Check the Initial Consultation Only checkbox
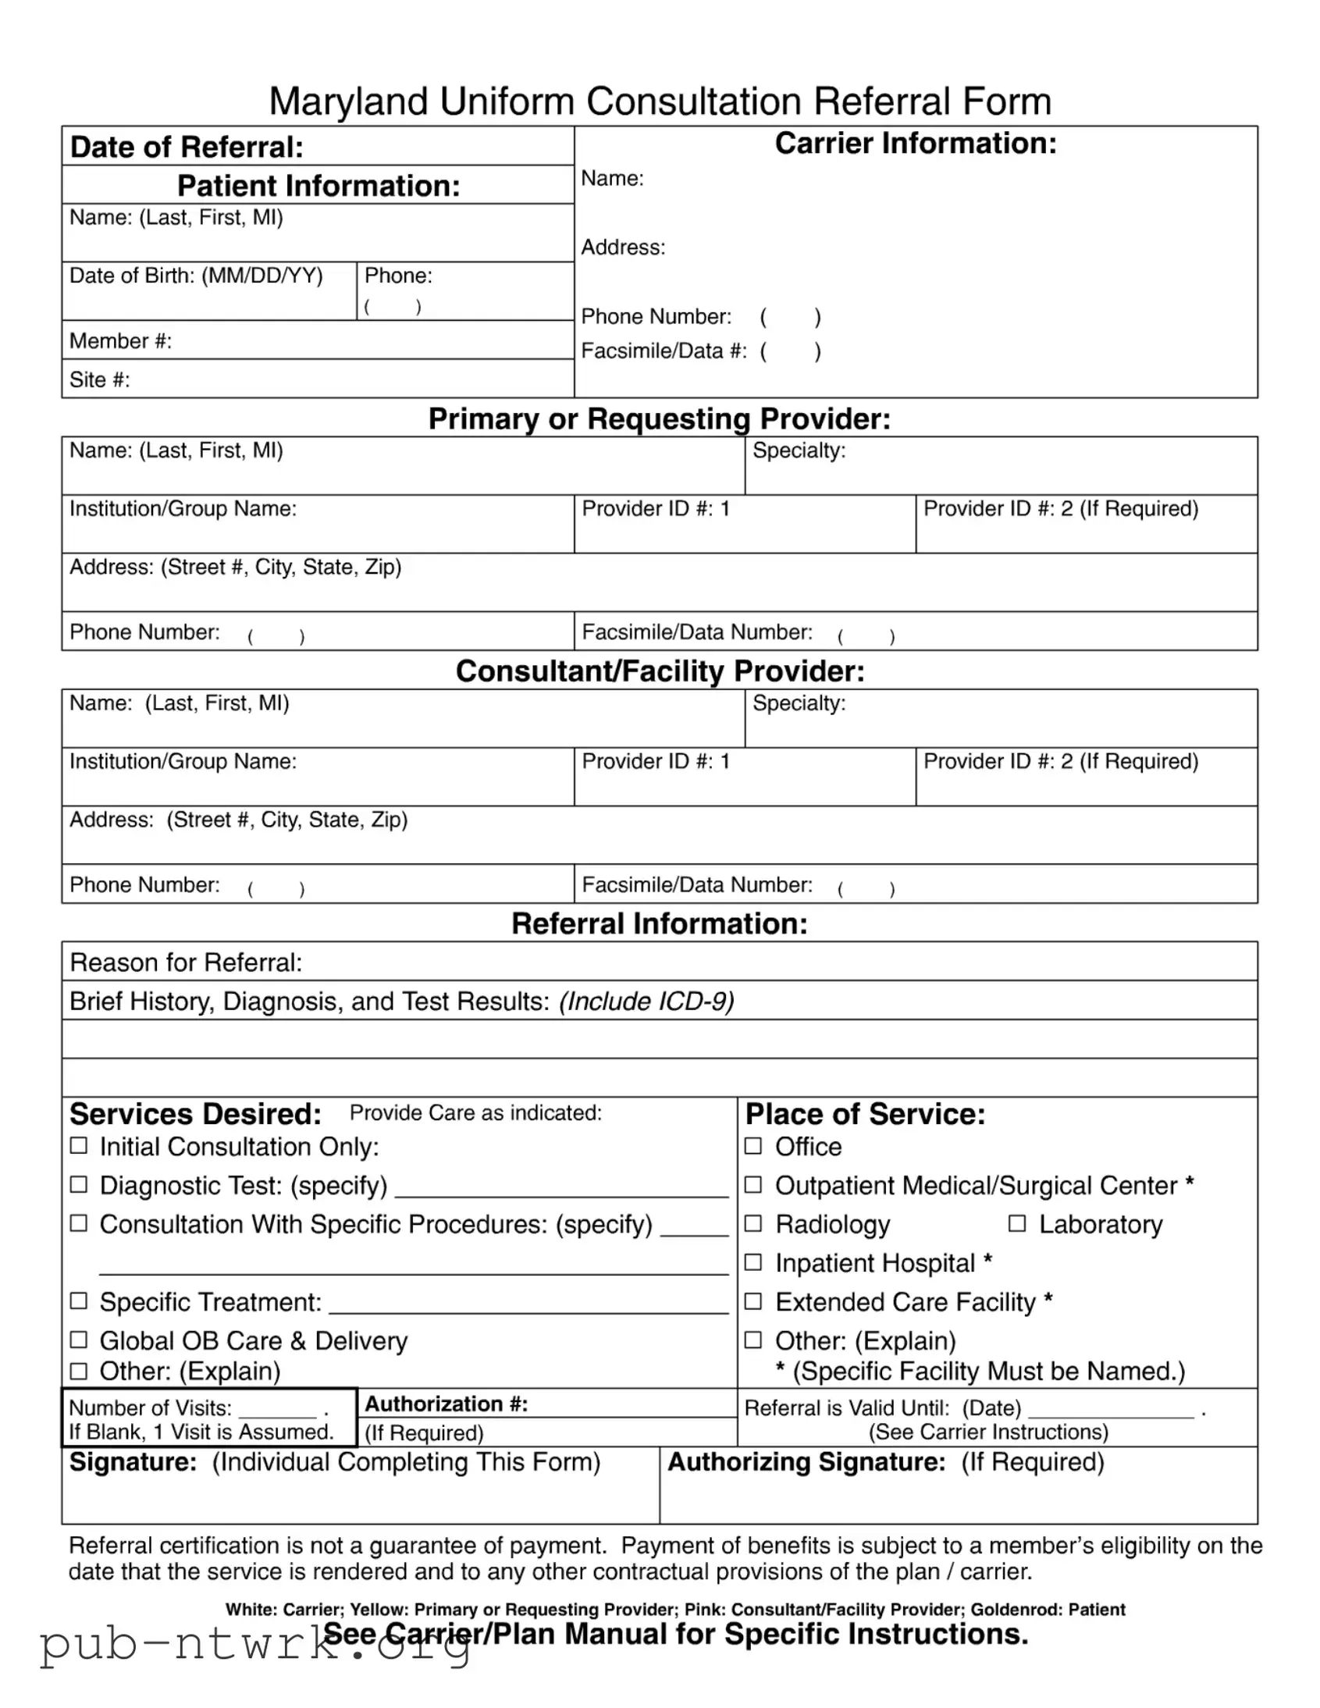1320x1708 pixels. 79,1146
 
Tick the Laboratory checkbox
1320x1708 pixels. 1016,1223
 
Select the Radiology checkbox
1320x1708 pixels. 753,1223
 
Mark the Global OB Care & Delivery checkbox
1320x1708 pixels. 79,1340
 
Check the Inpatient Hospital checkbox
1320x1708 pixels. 753,1262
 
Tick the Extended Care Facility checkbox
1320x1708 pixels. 753,1301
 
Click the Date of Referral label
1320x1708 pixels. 186,147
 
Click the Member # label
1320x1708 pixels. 120,341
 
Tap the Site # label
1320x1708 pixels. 99,380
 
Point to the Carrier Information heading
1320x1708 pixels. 915,144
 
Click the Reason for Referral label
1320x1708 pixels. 185,962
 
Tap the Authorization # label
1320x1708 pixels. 447,1404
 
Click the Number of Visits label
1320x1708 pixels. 150,1407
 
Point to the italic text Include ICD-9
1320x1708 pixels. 646,1001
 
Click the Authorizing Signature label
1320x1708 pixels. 806,1461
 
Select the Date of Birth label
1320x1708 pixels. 195,276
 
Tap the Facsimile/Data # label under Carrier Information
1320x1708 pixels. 664,351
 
